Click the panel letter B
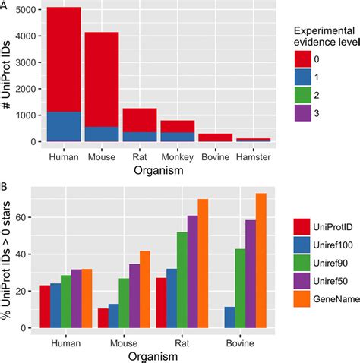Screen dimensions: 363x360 coord(5,185)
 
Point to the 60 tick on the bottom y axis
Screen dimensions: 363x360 coord(29,217)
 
